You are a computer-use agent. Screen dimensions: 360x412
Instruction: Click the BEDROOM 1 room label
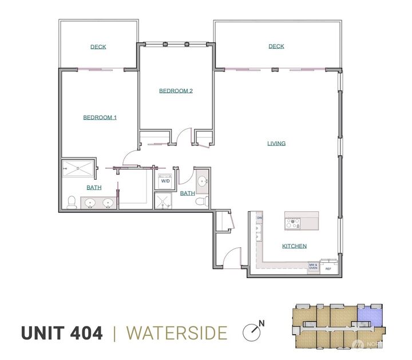click(x=100, y=117)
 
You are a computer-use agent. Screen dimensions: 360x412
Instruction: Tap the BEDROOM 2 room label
click(x=176, y=90)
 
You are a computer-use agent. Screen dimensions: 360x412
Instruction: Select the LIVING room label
click(x=276, y=143)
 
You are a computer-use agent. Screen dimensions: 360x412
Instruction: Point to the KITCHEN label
click(x=294, y=246)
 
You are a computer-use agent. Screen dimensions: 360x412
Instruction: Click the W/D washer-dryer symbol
click(x=165, y=181)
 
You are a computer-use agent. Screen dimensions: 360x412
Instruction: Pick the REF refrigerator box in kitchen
click(x=328, y=267)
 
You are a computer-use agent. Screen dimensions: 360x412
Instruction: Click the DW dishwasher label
click(x=259, y=219)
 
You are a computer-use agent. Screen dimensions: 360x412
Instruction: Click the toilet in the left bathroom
click(x=72, y=202)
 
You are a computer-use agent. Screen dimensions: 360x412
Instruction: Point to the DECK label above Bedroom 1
click(x=98, y=47)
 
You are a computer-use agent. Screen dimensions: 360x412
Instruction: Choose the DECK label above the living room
click(x=276, y=46)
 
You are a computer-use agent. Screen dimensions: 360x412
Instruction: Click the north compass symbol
click(x=251, y=331)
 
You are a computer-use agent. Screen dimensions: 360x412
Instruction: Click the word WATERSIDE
click(x=176, y=333)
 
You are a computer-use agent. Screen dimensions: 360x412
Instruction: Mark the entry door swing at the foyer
click(x=231, y=258)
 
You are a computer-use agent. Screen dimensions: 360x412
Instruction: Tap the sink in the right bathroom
click(x=202, y=183)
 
